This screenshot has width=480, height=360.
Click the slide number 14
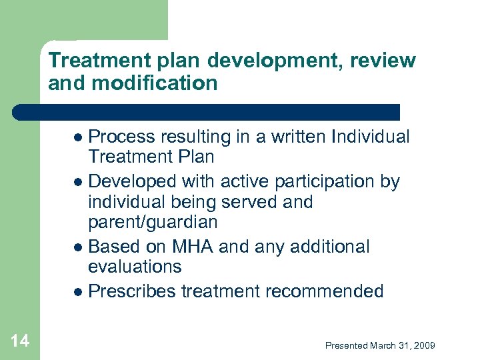click(x=20, y=341)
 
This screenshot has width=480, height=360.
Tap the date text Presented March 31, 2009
click(x=380, y=345)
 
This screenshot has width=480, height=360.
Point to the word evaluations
click(x=135, y=267)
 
